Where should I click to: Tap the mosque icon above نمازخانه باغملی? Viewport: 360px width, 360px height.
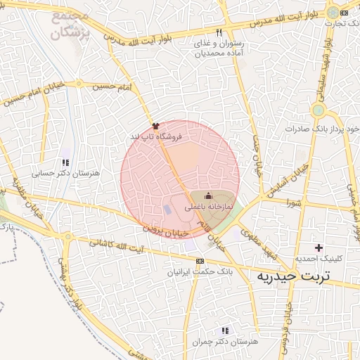[208, 196]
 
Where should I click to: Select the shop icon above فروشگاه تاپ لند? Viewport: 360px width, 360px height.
[155, 126]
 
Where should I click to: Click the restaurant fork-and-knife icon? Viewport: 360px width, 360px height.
[219, 33]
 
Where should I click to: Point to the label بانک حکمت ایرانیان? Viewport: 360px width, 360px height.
[200, 271]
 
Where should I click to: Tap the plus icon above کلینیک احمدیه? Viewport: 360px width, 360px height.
[319, 247]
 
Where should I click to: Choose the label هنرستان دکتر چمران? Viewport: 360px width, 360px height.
[225, 342]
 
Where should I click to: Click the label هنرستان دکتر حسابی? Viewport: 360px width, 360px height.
[65, 173]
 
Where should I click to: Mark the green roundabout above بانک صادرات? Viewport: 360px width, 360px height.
[319, 110]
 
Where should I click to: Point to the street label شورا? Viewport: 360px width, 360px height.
[293, 203]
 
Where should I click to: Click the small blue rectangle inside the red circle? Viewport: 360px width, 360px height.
[167, 209]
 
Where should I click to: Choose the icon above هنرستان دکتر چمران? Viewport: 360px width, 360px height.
[225, 330]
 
